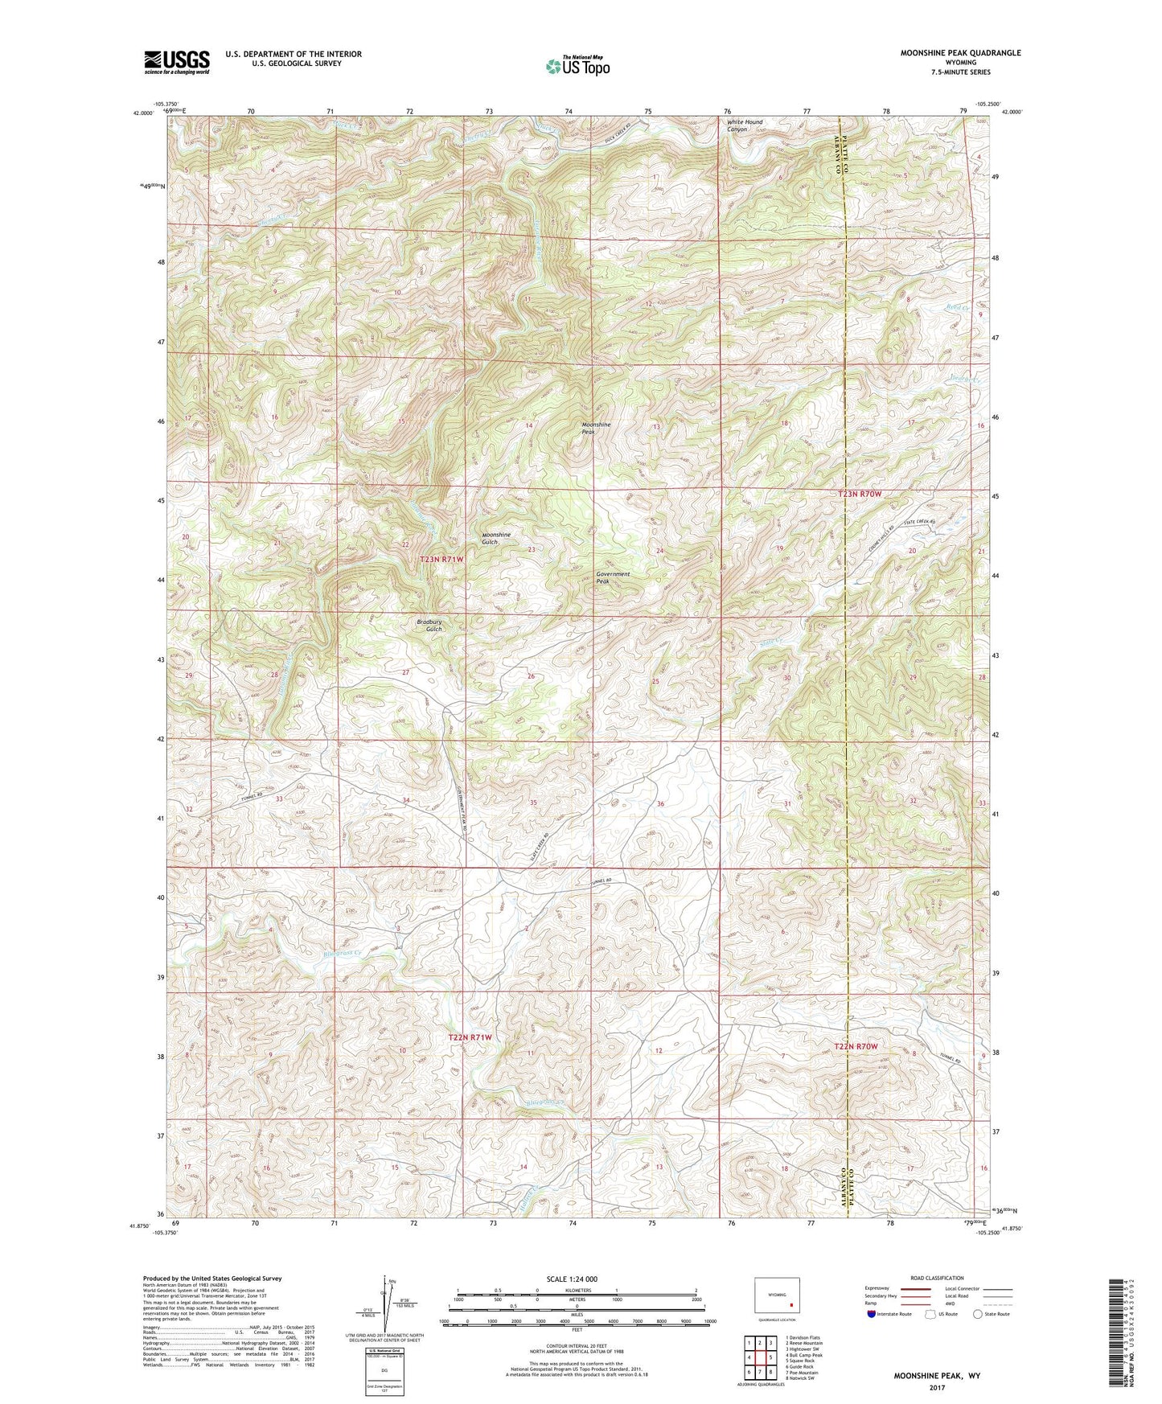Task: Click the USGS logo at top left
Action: coord(177,62)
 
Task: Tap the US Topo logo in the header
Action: coord(577,66)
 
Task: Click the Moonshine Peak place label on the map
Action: coord(596,428)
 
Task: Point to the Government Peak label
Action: coord(613,577)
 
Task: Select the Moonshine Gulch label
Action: coord(495,538)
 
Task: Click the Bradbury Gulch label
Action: coord(429,625)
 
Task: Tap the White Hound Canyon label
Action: coord(744,125)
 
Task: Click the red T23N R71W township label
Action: coord(442,559)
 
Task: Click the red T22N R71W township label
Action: coord(470,1037)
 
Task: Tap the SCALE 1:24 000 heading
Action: coord(572,1279)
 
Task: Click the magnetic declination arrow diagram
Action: coord(384,1301)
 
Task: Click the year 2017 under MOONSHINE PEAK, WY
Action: coord(937,1387)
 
